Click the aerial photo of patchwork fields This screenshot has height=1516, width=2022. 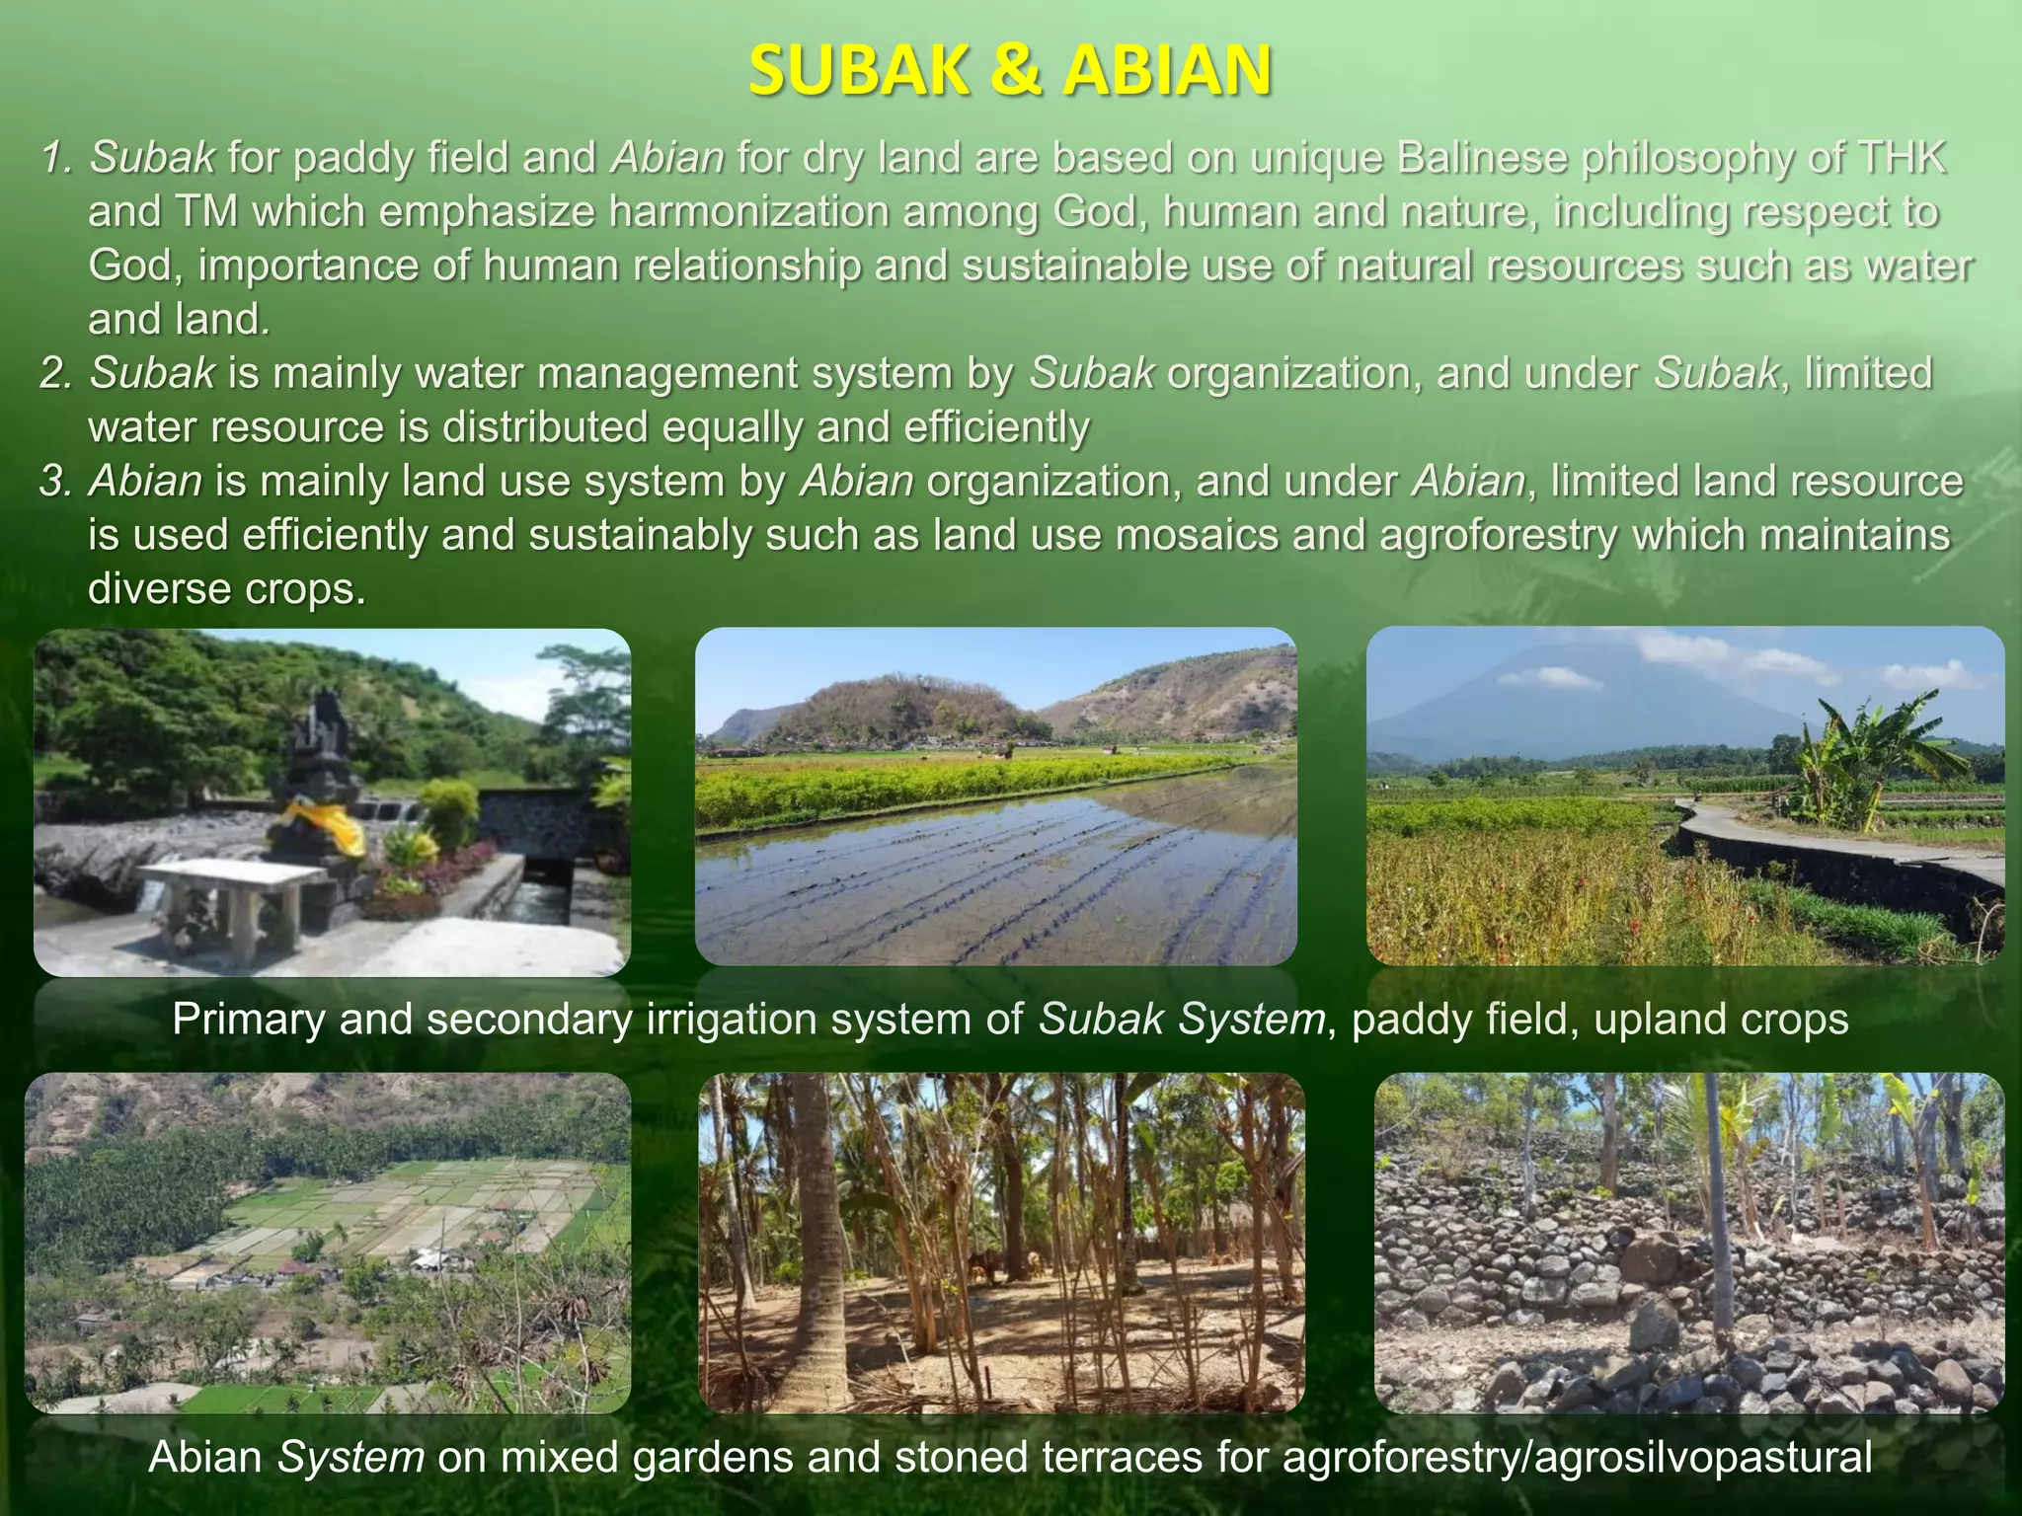tap(327, 1243)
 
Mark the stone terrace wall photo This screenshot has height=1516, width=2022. tap(1689, 1243)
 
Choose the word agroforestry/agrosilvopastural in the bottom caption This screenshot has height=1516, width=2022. tap(1577, 1457)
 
